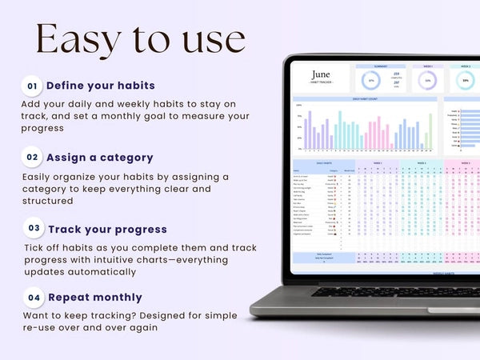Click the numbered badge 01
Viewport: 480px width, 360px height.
click(x=32, y=86)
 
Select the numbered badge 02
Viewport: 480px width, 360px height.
click(x=32, y=158)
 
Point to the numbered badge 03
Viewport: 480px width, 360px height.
click(x=34, y=229)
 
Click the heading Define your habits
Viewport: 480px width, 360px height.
click(x=101, y=86)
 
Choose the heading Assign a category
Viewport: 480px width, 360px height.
click(x=99, y=158)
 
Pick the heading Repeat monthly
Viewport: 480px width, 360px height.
click(x=94, y=297)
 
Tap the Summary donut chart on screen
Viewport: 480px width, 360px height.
click(x=370, y=80)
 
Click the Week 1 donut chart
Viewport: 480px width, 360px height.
click(x=428, y=80)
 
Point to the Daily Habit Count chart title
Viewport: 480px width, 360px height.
click(x=366, y=98)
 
